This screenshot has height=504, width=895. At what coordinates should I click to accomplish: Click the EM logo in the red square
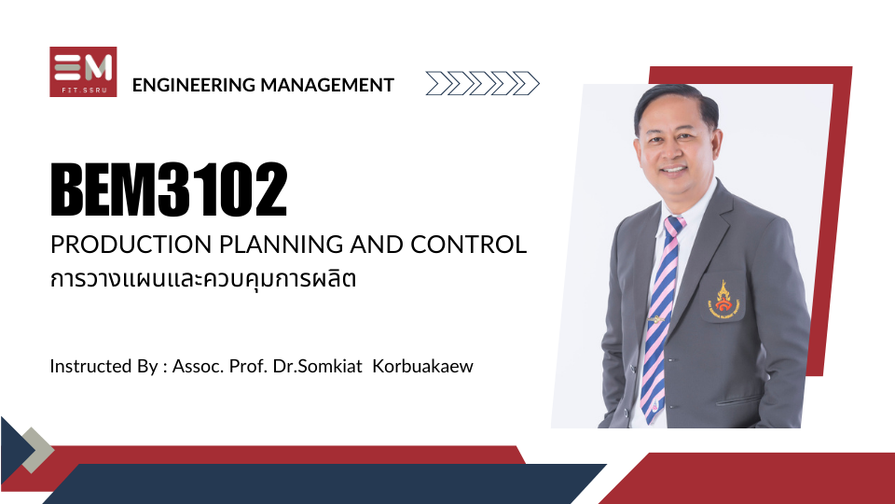83,72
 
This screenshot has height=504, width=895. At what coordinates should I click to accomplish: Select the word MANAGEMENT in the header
327,85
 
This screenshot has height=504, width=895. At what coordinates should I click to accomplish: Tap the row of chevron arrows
482,83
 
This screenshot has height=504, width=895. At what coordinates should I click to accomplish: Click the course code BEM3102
169,189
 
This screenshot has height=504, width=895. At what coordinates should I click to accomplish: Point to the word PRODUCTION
131,245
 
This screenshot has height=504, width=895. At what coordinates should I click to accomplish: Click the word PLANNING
282,245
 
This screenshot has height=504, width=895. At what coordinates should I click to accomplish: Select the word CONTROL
468,245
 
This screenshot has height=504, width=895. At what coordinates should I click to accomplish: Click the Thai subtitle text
203,279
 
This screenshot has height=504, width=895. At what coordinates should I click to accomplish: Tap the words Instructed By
103,366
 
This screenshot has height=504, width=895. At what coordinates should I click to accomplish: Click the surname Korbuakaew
423,366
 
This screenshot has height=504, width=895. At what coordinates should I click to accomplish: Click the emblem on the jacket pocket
723,299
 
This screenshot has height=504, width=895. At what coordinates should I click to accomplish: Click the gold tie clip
656,319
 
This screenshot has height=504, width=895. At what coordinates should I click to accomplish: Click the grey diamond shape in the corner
37,450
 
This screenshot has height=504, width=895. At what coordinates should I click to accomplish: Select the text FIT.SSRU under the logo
83,90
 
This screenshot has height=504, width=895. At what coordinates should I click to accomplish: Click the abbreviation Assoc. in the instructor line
198,366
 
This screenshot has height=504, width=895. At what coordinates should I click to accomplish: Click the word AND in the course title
377,245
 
